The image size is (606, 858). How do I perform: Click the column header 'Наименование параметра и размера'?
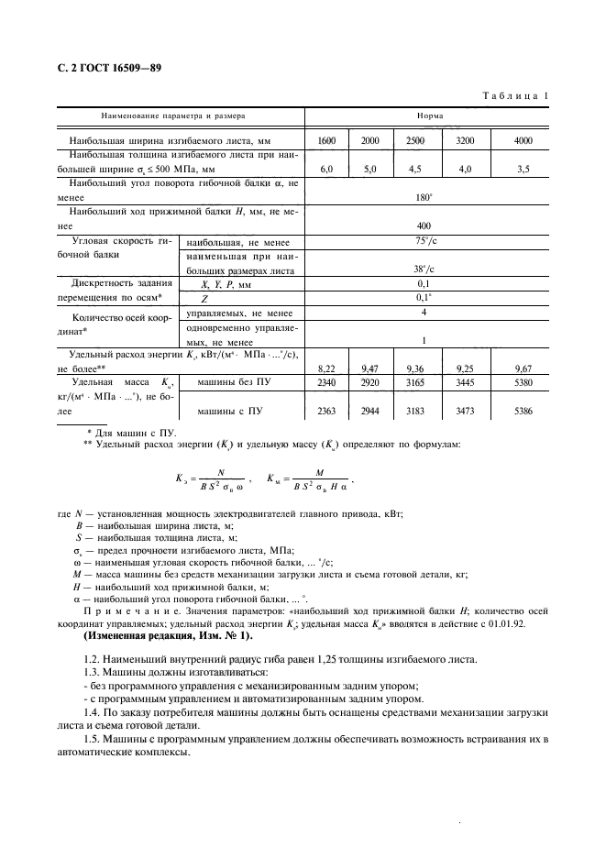tap(172, 117)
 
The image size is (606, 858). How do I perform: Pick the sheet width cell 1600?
tap(326, 140)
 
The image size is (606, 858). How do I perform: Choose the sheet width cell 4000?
tap(523, 140)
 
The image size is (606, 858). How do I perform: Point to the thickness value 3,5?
tap(523, 170)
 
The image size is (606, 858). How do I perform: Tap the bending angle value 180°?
tap(424, 195)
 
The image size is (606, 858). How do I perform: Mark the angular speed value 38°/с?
tap(424, 270)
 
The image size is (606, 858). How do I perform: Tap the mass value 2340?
tap(326, 381)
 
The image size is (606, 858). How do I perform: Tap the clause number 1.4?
tap(94, 713)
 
